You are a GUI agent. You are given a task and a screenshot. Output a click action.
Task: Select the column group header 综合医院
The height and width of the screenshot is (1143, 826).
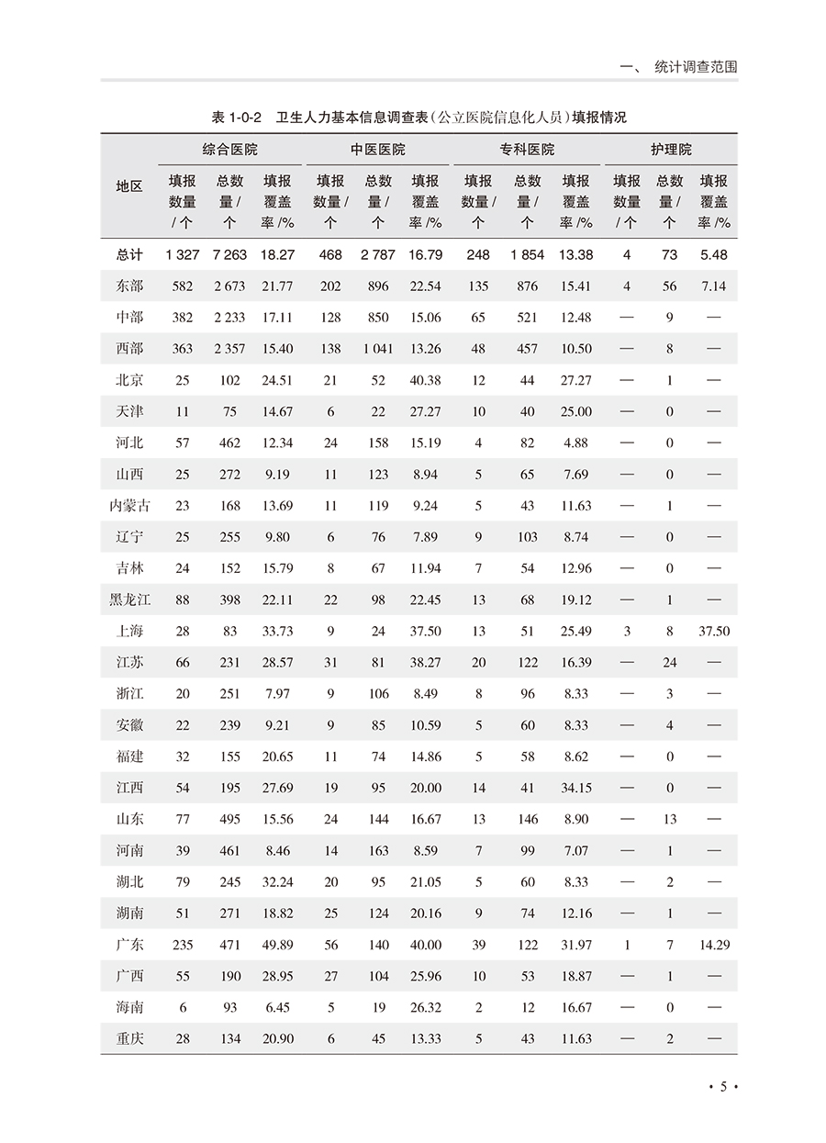pos(229,150)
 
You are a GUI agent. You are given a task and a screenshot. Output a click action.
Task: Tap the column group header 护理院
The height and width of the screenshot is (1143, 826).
pos(670,150)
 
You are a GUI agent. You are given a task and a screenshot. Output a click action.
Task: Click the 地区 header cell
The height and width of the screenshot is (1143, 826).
pos(129,186)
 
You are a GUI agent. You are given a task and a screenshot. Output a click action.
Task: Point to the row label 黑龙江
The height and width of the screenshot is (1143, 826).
pos(129,600)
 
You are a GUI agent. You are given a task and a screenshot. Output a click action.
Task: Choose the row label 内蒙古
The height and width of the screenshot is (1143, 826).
pos(129,506)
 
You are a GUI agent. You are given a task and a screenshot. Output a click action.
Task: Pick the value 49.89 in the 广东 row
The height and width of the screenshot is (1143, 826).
pos(277,945)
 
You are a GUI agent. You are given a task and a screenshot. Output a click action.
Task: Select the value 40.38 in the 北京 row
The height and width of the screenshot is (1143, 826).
pos(425,380)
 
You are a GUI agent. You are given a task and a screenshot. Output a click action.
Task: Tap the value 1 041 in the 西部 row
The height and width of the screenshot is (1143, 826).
pos(377,349)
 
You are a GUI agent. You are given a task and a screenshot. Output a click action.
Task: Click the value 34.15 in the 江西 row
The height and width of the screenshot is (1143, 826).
pos(575,788)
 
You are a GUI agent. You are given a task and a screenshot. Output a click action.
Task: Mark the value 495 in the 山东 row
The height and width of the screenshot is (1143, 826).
pos(229,820)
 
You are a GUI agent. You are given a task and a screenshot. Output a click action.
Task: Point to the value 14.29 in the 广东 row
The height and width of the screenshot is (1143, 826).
pos(714,945)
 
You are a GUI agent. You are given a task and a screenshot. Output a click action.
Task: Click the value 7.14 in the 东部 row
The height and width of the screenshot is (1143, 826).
pos(714,286)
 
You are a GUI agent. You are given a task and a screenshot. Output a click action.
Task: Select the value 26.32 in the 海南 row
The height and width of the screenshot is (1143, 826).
pos(425,1007)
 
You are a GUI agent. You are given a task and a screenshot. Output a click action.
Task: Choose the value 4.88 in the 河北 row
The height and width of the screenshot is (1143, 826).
pos(575,443)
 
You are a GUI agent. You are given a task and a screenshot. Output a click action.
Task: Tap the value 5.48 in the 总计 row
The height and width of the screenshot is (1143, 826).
pos(714,254)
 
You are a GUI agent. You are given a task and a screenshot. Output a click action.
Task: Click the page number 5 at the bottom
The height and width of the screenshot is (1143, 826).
pos(723,1087)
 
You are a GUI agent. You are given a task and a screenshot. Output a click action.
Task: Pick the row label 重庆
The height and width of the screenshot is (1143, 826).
pos(129,1039)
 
